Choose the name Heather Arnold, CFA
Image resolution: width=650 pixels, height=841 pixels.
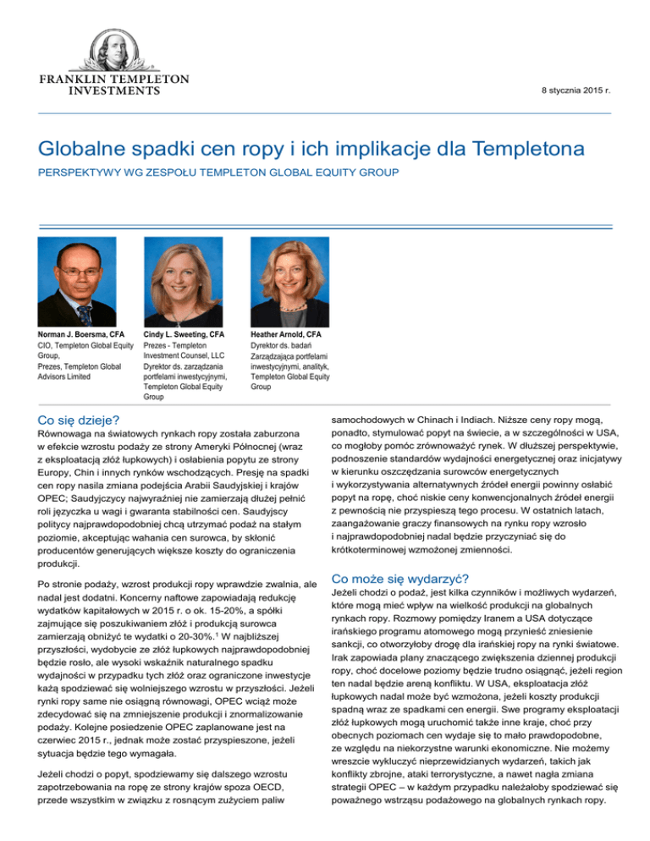(285, 336)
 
